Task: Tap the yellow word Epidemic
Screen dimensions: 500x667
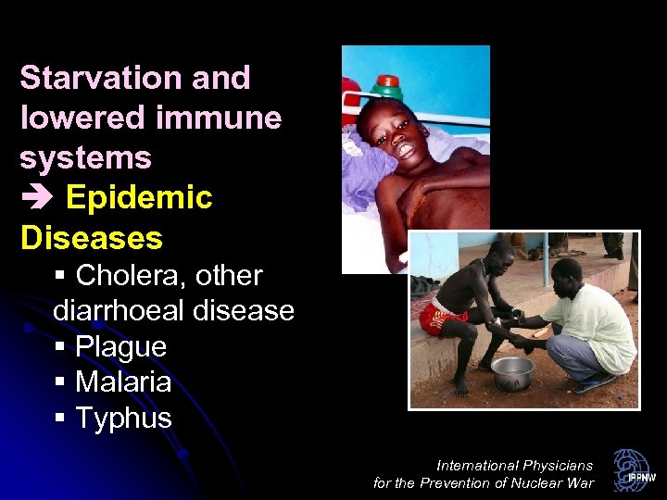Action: [139, 197]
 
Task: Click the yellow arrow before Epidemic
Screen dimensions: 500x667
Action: [37, 198]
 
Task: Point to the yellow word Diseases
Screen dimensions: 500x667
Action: [91, 238]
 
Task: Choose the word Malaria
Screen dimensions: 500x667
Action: [122, 381]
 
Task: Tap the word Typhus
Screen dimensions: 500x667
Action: [123, 418]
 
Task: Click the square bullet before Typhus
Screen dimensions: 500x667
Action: [60, 419]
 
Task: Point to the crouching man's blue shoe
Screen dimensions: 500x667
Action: [593, 383]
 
